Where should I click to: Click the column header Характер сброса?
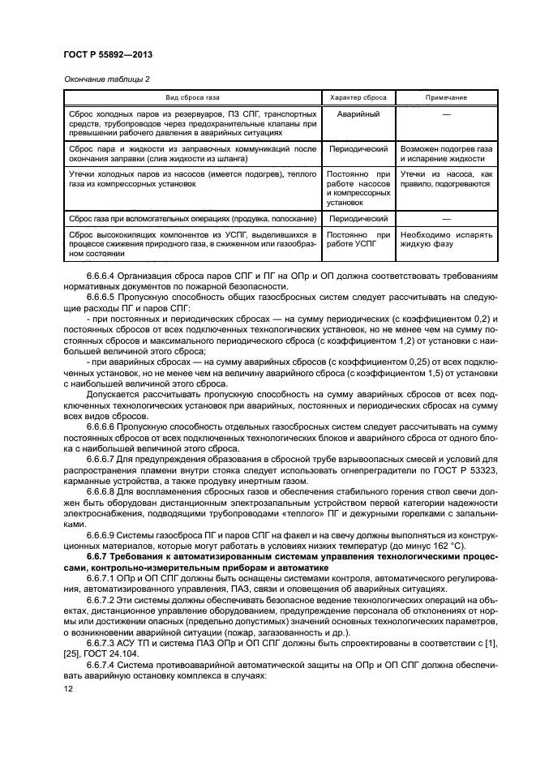[358, 97]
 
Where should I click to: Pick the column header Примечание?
[446, 97]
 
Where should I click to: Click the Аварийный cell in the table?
[358, 113]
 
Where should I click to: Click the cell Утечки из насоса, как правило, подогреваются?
[446, 179]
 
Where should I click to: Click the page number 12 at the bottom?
[68, 688]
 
